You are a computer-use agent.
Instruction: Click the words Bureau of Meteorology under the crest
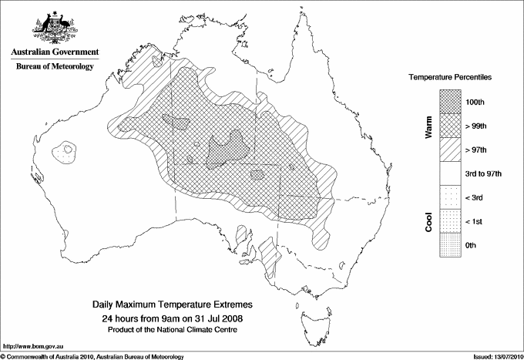[x=55, y=66]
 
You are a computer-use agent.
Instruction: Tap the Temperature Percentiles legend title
[x=450, y=79]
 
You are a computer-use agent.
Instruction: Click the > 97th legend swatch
[x=450, y=150]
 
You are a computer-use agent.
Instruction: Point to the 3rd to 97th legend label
[x=483, y=173]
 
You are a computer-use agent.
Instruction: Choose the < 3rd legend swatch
[x=450, y=197]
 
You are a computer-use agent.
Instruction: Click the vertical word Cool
[x=428, y=221]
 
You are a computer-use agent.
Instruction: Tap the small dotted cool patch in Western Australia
[x=66, y=151]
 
